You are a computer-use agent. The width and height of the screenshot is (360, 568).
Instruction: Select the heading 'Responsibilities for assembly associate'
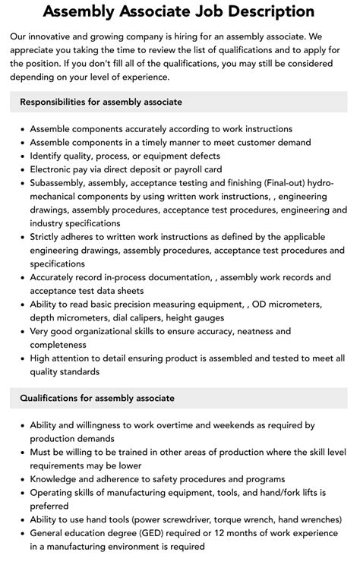[x=101, y=102]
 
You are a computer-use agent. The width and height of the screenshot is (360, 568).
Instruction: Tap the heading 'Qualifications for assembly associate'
[x=97, y=398]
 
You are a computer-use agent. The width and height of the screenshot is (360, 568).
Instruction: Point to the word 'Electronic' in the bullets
[x=55, y=169]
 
